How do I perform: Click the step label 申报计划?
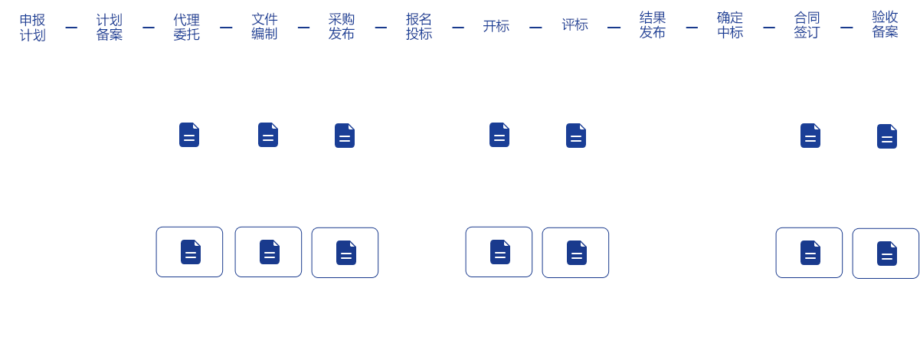[x=32, y=27]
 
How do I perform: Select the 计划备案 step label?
[x=110, y=27]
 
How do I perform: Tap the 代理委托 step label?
[x=187, y=27]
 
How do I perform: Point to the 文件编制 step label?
[x=264, y=26]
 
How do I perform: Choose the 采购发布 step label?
[x=342, y=26]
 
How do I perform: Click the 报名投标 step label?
[x=419, y=26]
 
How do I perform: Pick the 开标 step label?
[x=496, y=26]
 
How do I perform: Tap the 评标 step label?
[x=575, y=25]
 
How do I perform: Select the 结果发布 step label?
[x=653, y=25]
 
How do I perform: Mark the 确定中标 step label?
[x=730, y=25]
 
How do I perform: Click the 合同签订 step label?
[x=807, y=25]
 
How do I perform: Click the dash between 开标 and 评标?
[x=535, y=28]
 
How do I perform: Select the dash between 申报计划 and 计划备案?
[x=71, y=28]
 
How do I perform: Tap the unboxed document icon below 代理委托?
[x=189, y=135]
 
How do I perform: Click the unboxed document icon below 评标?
[x=576, y=136]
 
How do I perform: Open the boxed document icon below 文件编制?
[x=269, y=252]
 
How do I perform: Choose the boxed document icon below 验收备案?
[x=886, y=254]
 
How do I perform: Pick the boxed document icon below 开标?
[x=499, y=252]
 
